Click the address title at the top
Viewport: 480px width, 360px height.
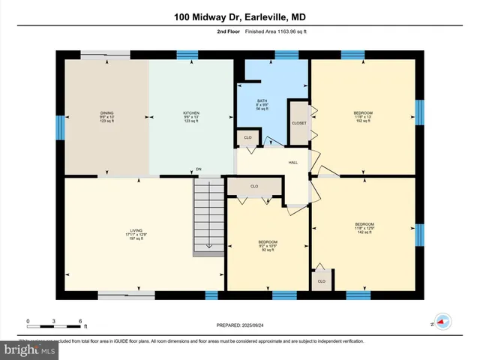pos(239,16)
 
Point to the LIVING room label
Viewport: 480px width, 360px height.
pos(136,229)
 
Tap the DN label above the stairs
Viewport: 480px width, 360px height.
pos(199,169)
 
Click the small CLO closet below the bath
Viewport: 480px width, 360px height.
pos(247,137)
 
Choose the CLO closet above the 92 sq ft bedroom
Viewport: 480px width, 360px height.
pos(254,186)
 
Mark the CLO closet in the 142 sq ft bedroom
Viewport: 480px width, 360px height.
pos(322,281)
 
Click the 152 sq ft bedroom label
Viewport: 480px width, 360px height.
pos(363,116)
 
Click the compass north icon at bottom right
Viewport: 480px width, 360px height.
pos(443,321)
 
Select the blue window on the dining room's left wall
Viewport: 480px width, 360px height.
pos(60,127)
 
